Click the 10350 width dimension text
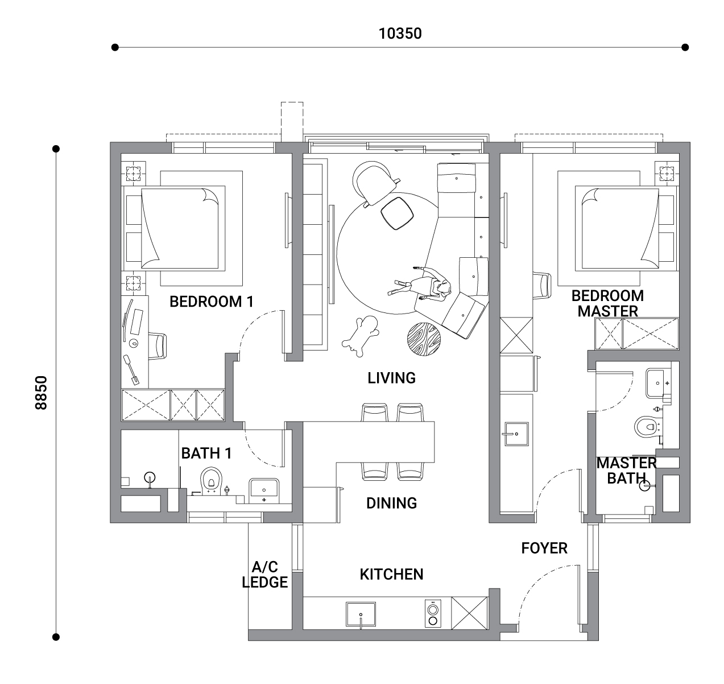(400, 34)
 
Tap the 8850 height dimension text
(41, 393)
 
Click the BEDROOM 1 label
(212, 302)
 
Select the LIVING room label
(391, 378)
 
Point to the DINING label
(391, 503)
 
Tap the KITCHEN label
(391, 574)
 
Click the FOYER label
(544, 548)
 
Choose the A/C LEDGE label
(265, 575)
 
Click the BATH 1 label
(206, 454)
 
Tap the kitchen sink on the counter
(361, 615)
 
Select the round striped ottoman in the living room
(424, 339)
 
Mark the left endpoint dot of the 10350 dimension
(115, 47)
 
